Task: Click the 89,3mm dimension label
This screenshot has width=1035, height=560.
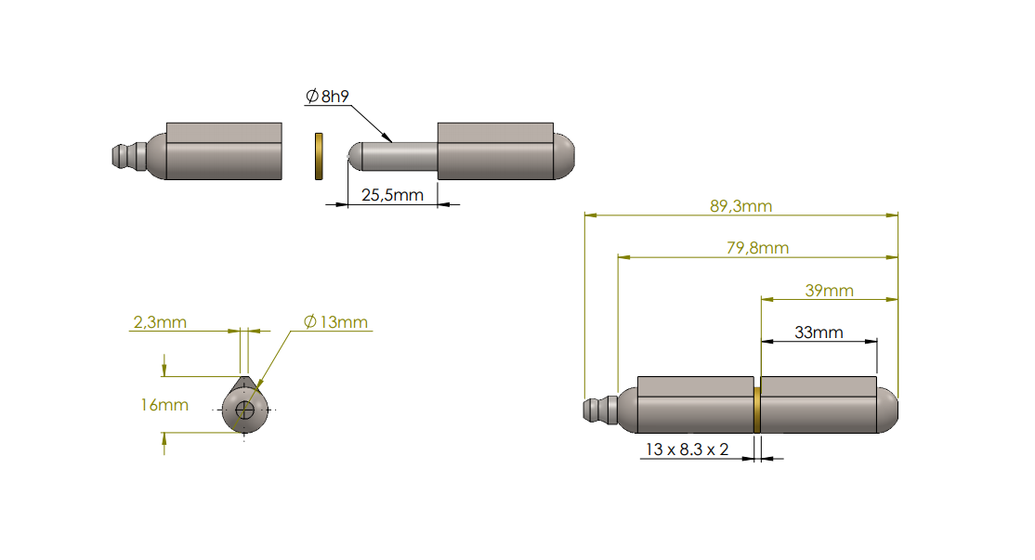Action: coord(740,206)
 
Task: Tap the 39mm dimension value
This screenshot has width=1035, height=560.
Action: coord(829,291)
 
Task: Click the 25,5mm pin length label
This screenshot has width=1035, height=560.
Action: coord(392,195)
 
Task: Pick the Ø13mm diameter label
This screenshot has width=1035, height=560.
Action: coord(335,322)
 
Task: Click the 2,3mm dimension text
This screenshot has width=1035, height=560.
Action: coord(160,322)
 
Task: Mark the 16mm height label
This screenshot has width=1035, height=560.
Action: coord(164,404)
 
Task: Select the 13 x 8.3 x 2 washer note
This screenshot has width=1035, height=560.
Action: coord(688,449)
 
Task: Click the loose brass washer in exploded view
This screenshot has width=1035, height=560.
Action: coord(318,155)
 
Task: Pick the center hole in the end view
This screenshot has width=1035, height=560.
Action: coord(245,410)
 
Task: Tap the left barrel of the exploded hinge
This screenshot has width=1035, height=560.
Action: coord(223,150)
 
